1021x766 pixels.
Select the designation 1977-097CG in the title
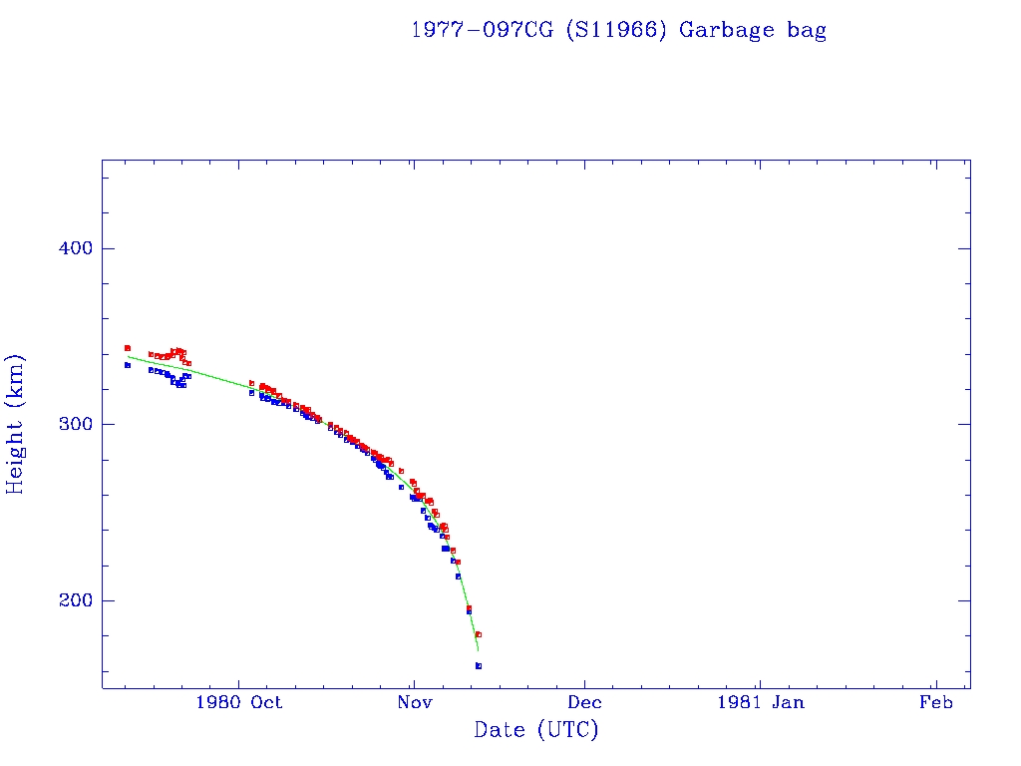[x=483, y=30]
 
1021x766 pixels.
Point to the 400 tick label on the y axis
[x=70, y=248]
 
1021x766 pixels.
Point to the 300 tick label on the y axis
[x=70, y=424]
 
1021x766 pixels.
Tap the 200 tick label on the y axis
[x=70, y=600]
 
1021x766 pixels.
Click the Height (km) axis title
[x=16, y=424]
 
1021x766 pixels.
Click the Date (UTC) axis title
[x=536, y=730]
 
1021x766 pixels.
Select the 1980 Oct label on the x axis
[x=240, y=702]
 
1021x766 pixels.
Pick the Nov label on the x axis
[x=414, y=702]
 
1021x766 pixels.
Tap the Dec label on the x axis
[x=585, y=702]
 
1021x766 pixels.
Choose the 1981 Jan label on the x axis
[x=760, y=702]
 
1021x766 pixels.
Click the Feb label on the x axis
[x=935, y=702]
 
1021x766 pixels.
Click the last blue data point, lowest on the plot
[x=479, y=665]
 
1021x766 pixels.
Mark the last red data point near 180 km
[x=479, y=634]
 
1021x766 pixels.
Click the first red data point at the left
[x=128, y=348]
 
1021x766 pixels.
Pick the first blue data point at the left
[x=128, y=365]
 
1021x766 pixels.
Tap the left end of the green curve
[x=128, y=356]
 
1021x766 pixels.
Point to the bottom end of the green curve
[x=479, y=650]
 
